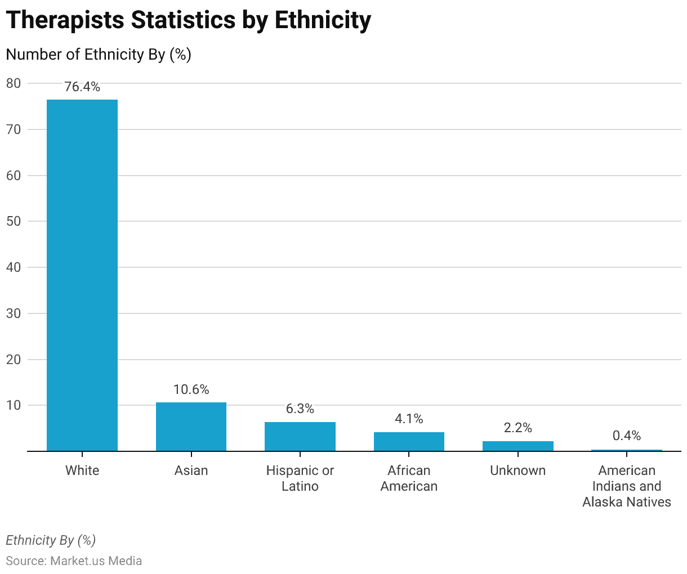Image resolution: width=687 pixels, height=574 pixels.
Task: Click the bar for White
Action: [82, 275]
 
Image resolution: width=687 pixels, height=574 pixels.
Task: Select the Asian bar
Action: [191, 427]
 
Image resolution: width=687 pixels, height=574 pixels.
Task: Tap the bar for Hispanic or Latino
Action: [300, 437]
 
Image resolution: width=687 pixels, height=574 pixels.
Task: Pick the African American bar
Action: [409, 442]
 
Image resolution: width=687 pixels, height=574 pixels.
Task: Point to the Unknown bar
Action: [518, 446]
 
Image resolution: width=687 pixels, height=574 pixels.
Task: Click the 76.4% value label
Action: [82, 87]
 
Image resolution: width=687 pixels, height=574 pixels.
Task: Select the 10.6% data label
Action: [191, 389]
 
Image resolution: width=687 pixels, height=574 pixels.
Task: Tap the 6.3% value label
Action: [300, 409]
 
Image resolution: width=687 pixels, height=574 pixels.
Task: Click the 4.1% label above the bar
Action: [409, 419]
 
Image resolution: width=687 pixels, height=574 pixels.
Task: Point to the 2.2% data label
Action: [518, 428]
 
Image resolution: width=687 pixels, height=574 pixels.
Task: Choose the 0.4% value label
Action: [627, 436]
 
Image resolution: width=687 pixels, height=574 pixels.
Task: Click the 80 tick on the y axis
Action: [14, 83]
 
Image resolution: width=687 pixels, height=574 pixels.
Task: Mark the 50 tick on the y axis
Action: [14, 221]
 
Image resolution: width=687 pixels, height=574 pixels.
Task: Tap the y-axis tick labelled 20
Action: [14, 359]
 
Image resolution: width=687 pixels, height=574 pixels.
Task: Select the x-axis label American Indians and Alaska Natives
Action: [627, 486]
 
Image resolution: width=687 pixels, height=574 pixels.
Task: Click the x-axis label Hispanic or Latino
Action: [300, 478]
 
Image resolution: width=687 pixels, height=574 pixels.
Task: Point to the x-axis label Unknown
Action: [518, 470]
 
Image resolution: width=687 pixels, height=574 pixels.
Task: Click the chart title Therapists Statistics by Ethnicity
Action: [189, 20]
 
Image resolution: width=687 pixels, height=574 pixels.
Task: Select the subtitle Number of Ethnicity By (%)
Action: [99, 55]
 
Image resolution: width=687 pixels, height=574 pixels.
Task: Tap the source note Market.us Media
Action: [74, 561]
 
